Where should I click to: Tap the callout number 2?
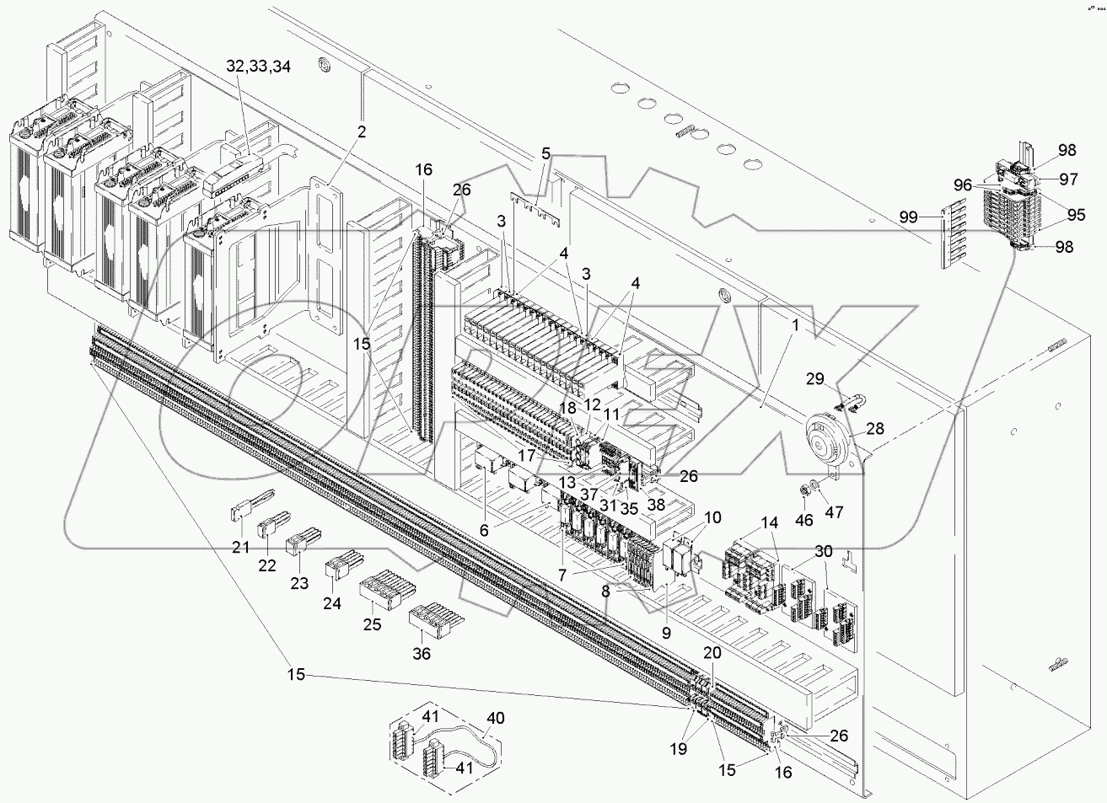pyautogui.click(x=361, y=131)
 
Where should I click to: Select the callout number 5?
pyautogui.click(x=546, y=154)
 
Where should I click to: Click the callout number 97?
pyautogui.click(x=1070, y=179)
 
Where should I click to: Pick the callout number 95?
pyautogui.click(x=1075, y=214)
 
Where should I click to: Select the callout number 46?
pyautogui.click(x=804, y=520)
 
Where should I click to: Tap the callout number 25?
pyautogui.click(x=373, y=624)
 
